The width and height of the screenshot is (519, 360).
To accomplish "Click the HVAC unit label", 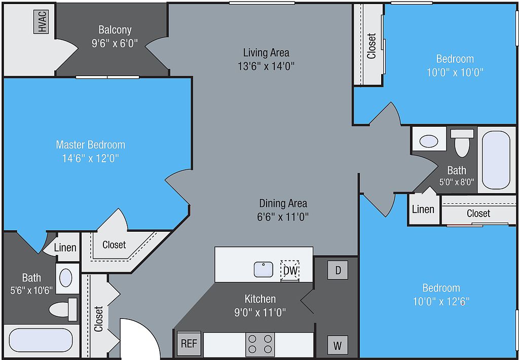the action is pos(41,22).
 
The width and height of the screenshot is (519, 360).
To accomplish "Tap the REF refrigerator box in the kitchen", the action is pos(189,344).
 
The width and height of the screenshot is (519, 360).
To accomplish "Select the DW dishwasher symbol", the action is pos(290,271).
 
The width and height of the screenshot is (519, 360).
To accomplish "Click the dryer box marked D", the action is pos(338,270).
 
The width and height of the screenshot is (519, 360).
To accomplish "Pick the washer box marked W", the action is pos(338,346).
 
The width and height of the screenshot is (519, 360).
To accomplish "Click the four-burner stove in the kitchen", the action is pos(260,344).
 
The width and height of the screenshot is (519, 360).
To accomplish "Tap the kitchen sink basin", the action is pos(264,269).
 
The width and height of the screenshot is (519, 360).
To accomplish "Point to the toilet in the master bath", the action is pos(63,309).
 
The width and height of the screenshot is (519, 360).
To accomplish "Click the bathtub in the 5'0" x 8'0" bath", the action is pos(496,160).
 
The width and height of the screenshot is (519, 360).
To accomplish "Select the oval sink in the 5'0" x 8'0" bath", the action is pos(429,141).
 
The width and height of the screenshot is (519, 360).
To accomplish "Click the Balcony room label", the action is pos(115,30).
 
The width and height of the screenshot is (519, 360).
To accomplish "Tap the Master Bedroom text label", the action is pos(90,145).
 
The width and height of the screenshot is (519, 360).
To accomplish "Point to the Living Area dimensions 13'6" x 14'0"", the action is pos(266,66).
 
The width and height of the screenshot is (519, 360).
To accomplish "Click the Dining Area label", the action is pos(283,203).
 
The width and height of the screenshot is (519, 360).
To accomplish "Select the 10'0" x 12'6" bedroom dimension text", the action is pos(441,301).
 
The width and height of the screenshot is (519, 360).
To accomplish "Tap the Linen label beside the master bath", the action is pos(65,247).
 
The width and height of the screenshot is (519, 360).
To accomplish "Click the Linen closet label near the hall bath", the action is pos(423,209).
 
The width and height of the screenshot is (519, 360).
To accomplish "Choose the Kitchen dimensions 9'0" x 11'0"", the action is pos(260,312).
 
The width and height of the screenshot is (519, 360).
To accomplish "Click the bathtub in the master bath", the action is pos(41,341).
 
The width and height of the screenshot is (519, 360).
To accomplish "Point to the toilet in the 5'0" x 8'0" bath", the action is pos(462,143).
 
